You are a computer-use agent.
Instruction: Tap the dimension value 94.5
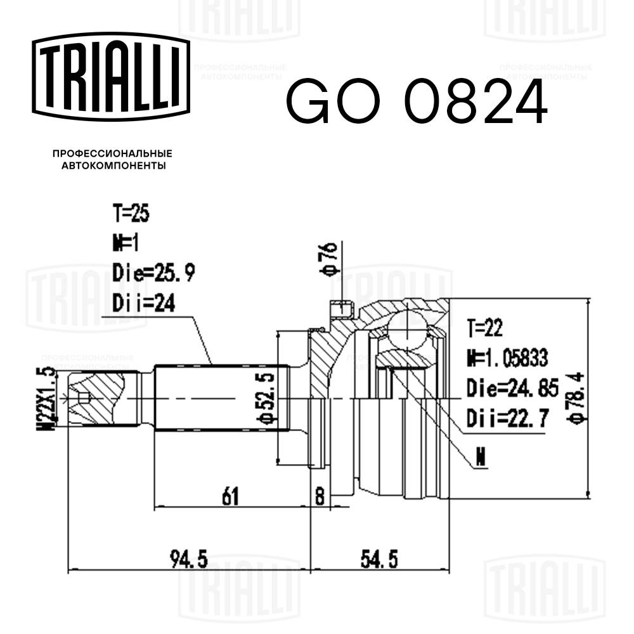pyautogui.click(x=188, y=560)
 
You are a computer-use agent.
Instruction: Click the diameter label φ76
pyautogui.click(x=330, y=260)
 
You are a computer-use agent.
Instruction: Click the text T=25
pyautogui.click(x=131, y=215)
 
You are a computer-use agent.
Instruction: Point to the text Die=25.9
pyautogui.click(x=154, y=273)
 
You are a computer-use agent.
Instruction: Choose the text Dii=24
pyautogui.click(x=144, y=304)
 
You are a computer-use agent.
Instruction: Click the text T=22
pyautogui.click(x=485, y=328)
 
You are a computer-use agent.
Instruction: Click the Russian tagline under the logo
pyautogui.click(x=112, y=159)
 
